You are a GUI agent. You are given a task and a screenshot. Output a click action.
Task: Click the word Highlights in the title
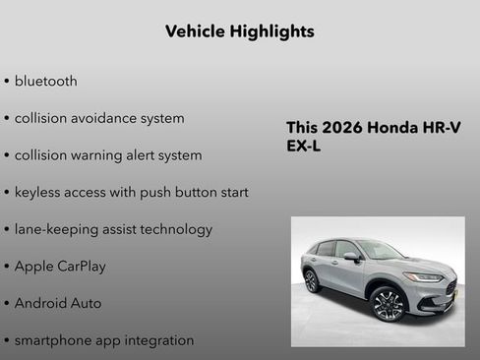pyautogui.click(x=269, y=31)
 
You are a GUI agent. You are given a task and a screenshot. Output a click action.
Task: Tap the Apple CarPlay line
pyautogui.click(x=60, y=267)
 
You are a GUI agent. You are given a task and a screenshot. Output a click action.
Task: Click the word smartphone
pyautogui.click(x=52, y=340)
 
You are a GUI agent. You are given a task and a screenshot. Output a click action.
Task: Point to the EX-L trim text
pyautogui.click(x=303, y=147)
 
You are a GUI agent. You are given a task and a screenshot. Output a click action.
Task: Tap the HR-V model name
pyautogui.click(x=443, y=128)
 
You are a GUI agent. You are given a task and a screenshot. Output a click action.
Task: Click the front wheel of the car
pyautogui.click(x=388, y=305)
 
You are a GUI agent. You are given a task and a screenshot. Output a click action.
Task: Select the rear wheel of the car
pyautogui.click(x=312, y=281)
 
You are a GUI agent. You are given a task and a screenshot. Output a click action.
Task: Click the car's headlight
pyautogui.click(x=424, y=277)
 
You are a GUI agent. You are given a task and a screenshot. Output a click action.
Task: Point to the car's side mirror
pyautogui.click(x=351, y=257)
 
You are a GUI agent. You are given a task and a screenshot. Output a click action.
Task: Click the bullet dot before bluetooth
pyautogui.click(x=7, y=82)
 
